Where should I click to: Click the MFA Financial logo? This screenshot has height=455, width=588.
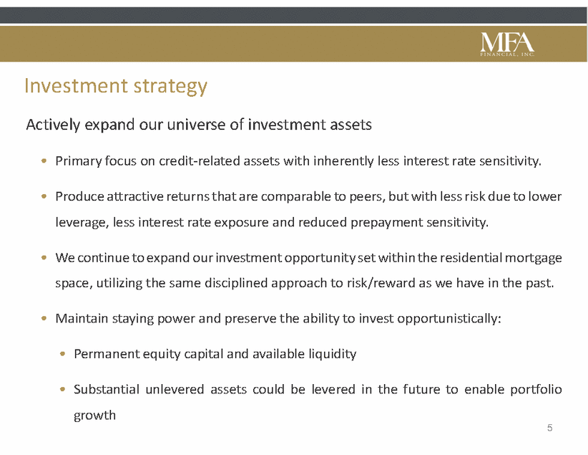(x=507, y=44)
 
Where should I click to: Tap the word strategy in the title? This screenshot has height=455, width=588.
(x=170, y=87)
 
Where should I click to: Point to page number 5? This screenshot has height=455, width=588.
(x=550, y=428)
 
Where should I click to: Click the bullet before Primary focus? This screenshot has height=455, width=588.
(x=44, y=161)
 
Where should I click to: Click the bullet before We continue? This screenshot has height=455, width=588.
(x=44, y=258)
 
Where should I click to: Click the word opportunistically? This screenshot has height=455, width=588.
(x=449, y=319)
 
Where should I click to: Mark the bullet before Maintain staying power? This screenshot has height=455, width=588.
(x=44, y=318)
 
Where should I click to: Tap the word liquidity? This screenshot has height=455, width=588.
(x=332, y=354)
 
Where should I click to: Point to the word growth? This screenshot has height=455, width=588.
(x=94, y=416)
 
